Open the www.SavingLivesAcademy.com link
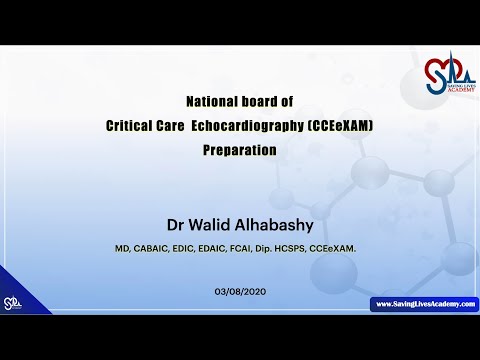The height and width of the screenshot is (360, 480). [424, 304]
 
